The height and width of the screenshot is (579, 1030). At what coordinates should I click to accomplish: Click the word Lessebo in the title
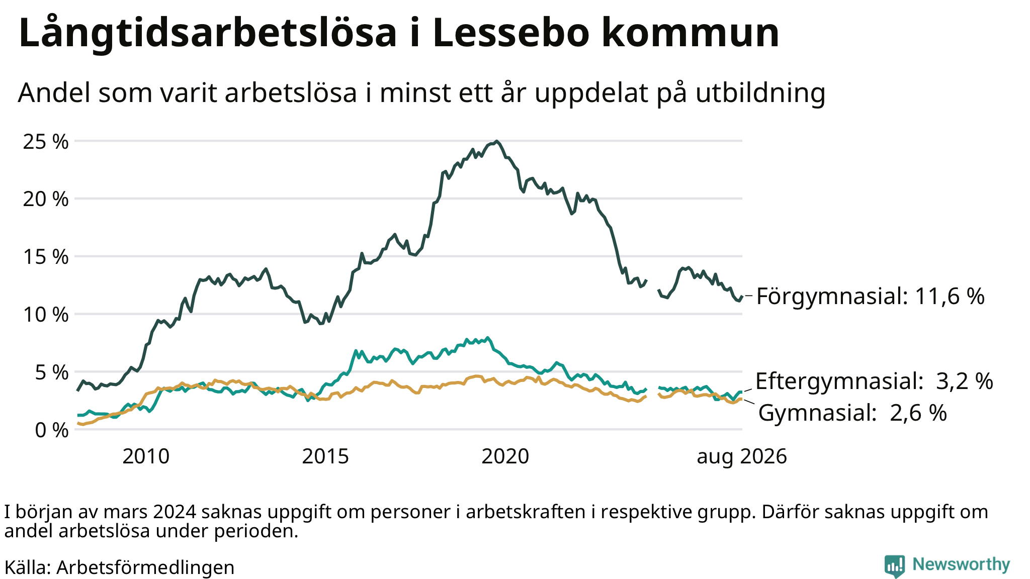pos(511,33)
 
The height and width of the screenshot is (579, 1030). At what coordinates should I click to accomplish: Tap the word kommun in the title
pos(691,33)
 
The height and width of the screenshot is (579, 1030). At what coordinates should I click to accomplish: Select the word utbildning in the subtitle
pos(760,93)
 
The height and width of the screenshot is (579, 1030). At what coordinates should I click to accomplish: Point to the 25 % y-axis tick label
pos(46,142)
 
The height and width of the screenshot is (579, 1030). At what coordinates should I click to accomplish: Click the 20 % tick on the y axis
pos(46,200)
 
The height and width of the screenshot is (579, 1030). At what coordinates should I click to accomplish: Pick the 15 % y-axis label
pos(46,257)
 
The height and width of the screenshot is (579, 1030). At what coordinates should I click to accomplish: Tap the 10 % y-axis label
pos(46,315)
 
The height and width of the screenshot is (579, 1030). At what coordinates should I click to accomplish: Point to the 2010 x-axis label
pos(146,457)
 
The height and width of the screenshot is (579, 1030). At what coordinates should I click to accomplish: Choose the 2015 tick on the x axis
pos(325,457)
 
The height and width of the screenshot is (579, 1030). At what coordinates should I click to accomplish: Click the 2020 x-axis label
pos(505,457)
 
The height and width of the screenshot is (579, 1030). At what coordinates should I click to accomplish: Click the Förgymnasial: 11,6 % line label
pos(871,297)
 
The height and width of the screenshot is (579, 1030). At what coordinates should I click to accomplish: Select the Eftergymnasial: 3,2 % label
pos(875,381)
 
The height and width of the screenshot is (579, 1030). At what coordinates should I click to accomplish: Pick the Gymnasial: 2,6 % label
pos(852,413)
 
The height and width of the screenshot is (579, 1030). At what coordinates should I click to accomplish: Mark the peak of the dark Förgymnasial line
pos(496,141)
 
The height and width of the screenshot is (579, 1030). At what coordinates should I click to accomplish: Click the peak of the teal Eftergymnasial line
pos(487,338)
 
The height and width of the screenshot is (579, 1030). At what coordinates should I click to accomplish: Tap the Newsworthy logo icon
pos(895,566)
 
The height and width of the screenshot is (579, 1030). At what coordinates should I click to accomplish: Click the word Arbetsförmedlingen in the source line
pos(145,568)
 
